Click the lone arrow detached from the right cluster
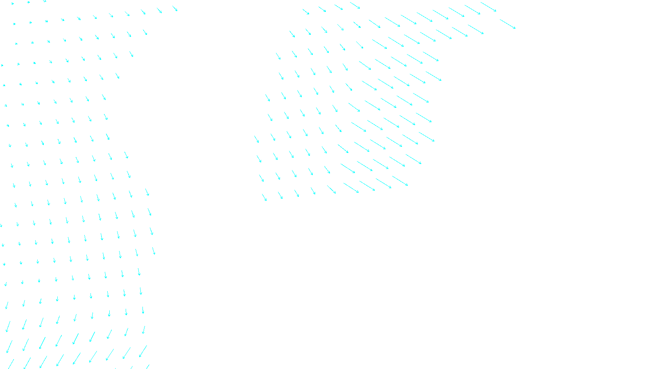[508, 24]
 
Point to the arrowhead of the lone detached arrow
[515, 28]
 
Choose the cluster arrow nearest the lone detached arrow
[488, 7]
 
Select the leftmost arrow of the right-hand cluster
[257, 139]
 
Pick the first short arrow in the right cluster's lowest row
[264, 197]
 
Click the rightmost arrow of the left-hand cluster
[154, 251]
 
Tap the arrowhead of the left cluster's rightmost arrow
[155, 255]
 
